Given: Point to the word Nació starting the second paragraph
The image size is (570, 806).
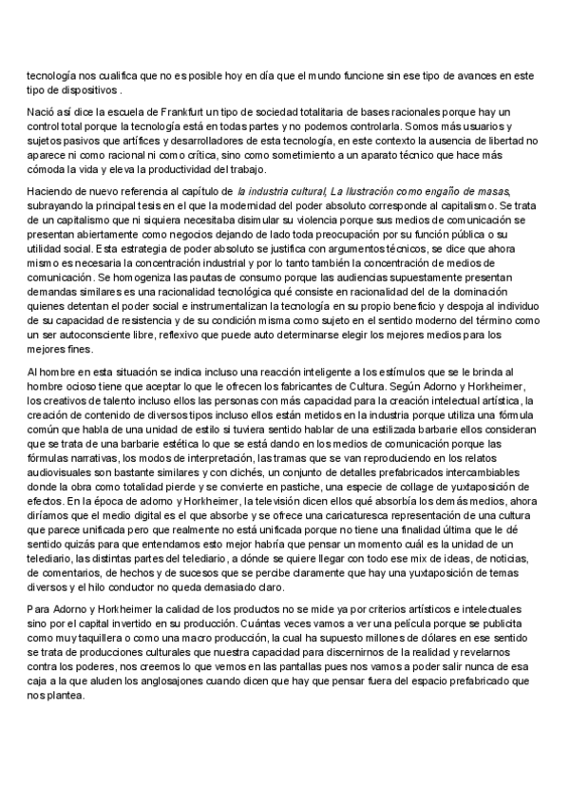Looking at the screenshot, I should coord(40,112).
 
